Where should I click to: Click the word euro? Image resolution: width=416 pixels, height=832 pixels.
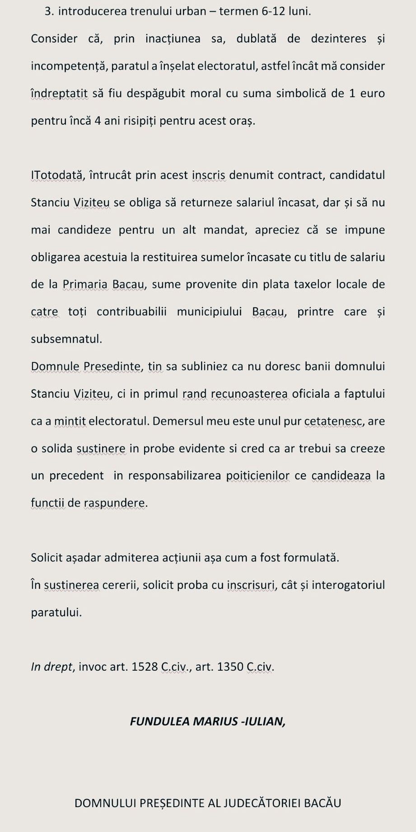[x=373, y=94]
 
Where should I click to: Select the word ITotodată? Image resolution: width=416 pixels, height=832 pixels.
[x=57, y=175]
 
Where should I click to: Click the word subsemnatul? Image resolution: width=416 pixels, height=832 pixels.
[x=66, y=339]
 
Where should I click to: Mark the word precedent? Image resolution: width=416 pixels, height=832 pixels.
[x=68, y=476]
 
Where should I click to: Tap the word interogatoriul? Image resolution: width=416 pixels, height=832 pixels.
[x=348, y=585]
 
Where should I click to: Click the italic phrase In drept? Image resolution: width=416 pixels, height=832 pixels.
[x=52, y=667]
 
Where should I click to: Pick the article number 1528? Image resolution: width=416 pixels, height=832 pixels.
[x=145, y=667]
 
